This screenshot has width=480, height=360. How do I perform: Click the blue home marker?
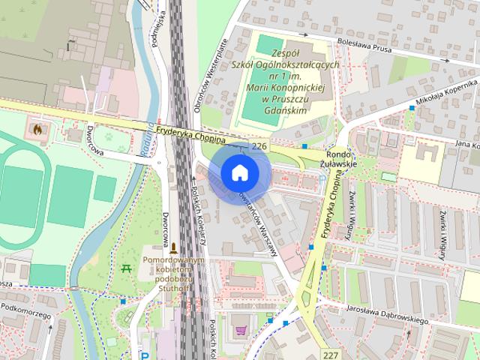239,173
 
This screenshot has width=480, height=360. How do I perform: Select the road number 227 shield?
332,353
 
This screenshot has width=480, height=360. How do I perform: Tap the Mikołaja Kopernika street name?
441,96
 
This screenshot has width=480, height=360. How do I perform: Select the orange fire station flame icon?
37,128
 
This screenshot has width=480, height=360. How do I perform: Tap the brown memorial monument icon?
174,247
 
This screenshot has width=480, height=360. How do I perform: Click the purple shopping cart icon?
241,330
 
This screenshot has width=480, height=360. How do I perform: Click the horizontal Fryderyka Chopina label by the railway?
192,133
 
